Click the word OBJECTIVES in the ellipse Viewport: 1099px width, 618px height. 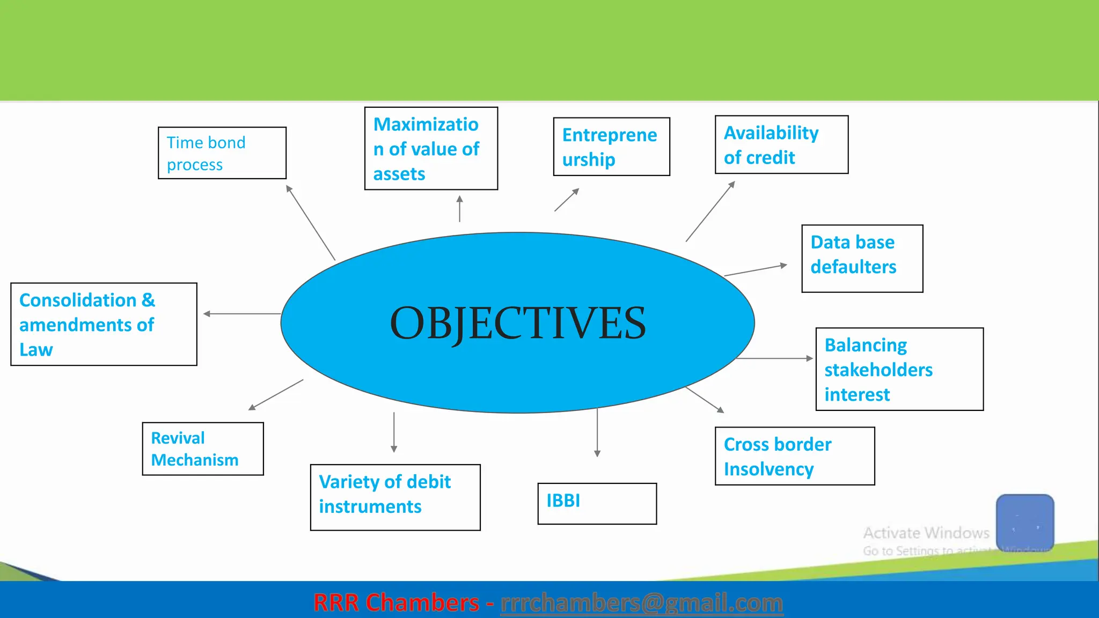point(518,323)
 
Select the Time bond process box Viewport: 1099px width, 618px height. point(222,153)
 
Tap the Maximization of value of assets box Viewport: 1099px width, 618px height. point(431,149)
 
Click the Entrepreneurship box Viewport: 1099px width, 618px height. point(611,146)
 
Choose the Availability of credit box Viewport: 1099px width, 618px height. point(781,145)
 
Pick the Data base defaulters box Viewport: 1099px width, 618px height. point(862,259)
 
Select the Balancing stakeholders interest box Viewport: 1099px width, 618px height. point(899,369)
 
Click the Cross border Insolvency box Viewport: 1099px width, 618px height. point(795,456)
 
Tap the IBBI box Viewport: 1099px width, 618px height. point(597,503)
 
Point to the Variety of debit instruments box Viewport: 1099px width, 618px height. point(395,497)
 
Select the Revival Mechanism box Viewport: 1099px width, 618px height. point(203,448)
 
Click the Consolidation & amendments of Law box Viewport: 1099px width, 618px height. point(104,324)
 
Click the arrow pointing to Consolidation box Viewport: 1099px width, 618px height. point(241,314)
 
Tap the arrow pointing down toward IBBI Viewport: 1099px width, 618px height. point(597,432)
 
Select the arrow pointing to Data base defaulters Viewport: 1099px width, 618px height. point(756,270)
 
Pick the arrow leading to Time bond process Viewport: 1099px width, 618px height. point(311,223)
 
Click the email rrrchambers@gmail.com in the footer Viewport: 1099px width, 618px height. point(641,603)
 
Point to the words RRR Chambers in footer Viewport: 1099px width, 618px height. point(396,603)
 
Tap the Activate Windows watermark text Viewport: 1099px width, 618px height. point(926,533)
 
